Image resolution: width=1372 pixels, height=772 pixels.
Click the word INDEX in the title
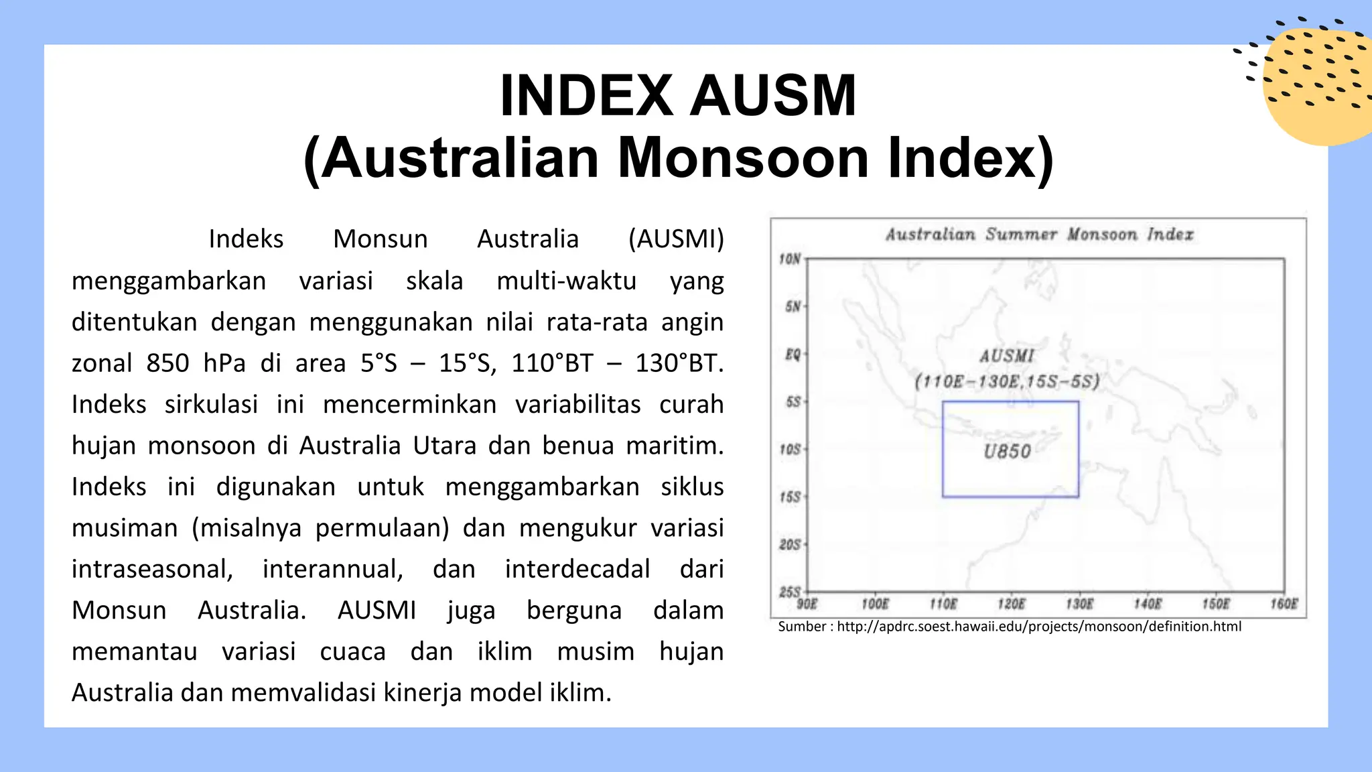click(x=586, y=96)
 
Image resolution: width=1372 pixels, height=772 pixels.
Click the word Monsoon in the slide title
click(x=742, y=158)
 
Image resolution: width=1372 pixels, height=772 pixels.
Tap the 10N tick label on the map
click(x=790, y=259)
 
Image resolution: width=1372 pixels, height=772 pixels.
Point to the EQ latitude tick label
click(x=793, y=354)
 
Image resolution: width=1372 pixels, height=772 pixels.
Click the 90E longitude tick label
click(x=807, y=604)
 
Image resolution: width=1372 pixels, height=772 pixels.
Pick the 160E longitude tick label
click(x=1284, y=604)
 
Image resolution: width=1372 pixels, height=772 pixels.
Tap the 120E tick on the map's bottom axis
click(x=1011, y=604)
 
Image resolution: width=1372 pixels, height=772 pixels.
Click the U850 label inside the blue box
click(x=1007, y=452)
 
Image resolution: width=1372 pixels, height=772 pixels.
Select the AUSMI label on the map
click(x=1007, y=357)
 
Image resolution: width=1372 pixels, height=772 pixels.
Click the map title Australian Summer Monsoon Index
click(x=1039, y=235)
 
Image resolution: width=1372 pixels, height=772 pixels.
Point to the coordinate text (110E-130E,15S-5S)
click(x=1007, y=382)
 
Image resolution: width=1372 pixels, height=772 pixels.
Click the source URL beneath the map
click(x=1039, y=627)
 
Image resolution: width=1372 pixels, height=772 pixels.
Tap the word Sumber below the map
click(x=802, y=627)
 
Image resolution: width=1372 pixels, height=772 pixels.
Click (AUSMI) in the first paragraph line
click(x=676, y=239)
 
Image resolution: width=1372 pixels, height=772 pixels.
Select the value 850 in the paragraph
click(x=168, y=363)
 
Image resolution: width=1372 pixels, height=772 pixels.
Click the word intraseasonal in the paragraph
click(x=152, y=569)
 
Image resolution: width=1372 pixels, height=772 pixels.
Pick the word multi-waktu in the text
click(x=566, y=281)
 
